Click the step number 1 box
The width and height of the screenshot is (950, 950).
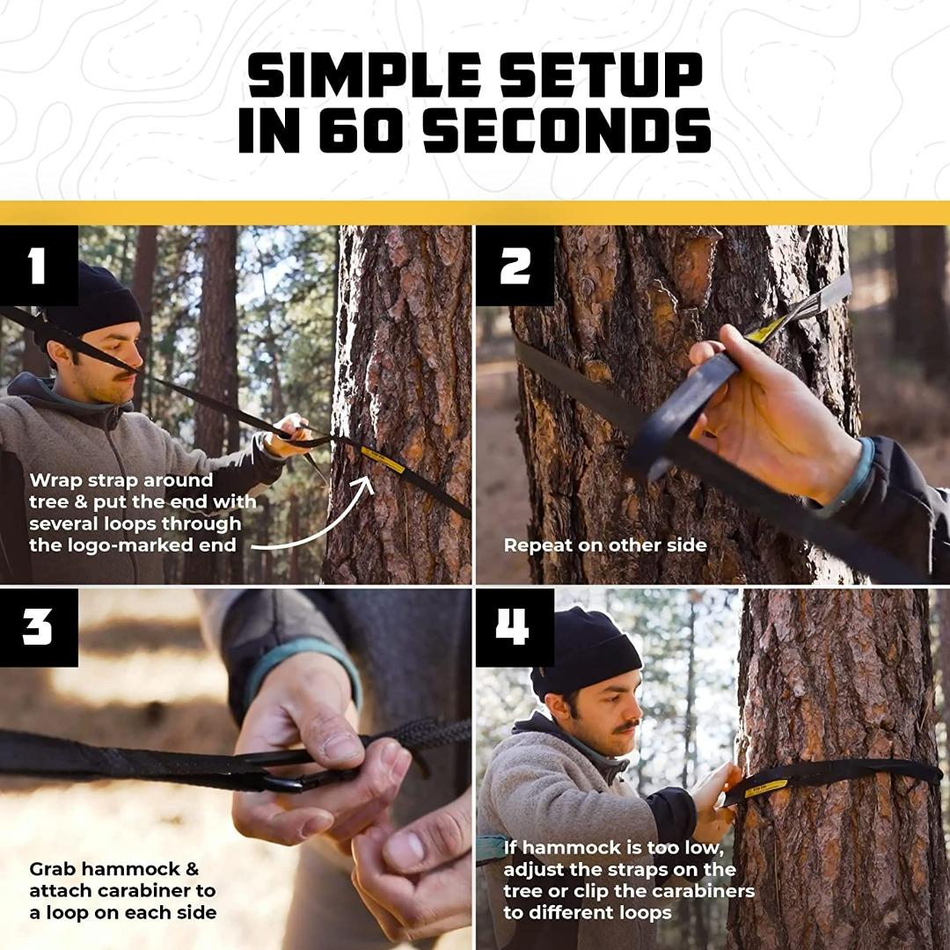[38, 265]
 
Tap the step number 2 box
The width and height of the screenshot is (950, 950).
[515, 265]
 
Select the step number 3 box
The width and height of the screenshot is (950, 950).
[38, 628]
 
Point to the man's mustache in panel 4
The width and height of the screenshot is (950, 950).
[626, 726]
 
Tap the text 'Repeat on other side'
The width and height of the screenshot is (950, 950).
[604, 545]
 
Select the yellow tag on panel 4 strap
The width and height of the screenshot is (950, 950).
[760, 786]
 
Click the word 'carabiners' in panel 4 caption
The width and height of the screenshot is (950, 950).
[707, 890]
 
